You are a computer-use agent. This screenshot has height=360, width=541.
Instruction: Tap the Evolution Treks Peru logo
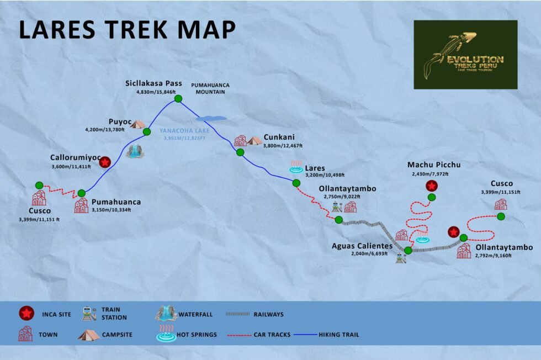pyautogui.click(x=465, y=55)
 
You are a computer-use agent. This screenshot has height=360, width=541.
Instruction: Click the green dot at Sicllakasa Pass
pyautogui.click(x=178, y=99)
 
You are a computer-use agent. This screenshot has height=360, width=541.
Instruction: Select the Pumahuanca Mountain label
pyautogui.click(x=210, y=88)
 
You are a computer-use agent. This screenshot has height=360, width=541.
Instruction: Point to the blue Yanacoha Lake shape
pyautogui.click(x=211, y=118)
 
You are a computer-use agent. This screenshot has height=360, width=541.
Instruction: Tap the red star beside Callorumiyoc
pyautogui.click(x=104, y=162)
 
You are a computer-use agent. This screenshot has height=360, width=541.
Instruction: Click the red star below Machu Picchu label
pyautogui.click(x=432, y=186)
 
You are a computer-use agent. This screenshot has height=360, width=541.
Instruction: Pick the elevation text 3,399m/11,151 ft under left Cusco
pyautogui.click(x=39, y=220)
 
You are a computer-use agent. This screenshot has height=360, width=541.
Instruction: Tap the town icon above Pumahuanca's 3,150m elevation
pyautogui.click(x=81, y=206)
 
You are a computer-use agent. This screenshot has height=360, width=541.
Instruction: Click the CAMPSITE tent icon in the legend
pyautogui.click(x=88, y=335)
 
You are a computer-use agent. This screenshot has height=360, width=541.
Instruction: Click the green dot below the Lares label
pyautogui.click(x=296, y=183)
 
